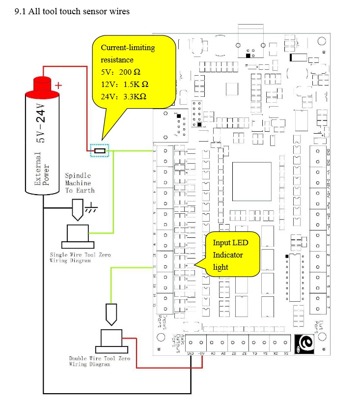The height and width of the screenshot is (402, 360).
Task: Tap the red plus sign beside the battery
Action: click(x=59, y=85)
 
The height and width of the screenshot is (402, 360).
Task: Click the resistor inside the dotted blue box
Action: click(x=100, y=151)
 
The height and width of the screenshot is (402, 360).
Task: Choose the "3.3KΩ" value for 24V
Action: click(x=133, y=97)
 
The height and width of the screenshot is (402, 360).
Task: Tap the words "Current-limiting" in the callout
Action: click(x=128, y=48)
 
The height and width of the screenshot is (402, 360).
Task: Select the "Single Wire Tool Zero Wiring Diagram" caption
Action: click(x=80, y=258)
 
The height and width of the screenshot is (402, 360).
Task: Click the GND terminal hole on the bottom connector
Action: click(x=191, y=343)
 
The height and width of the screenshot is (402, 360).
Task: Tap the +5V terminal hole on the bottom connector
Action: click(x=200, y=343)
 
